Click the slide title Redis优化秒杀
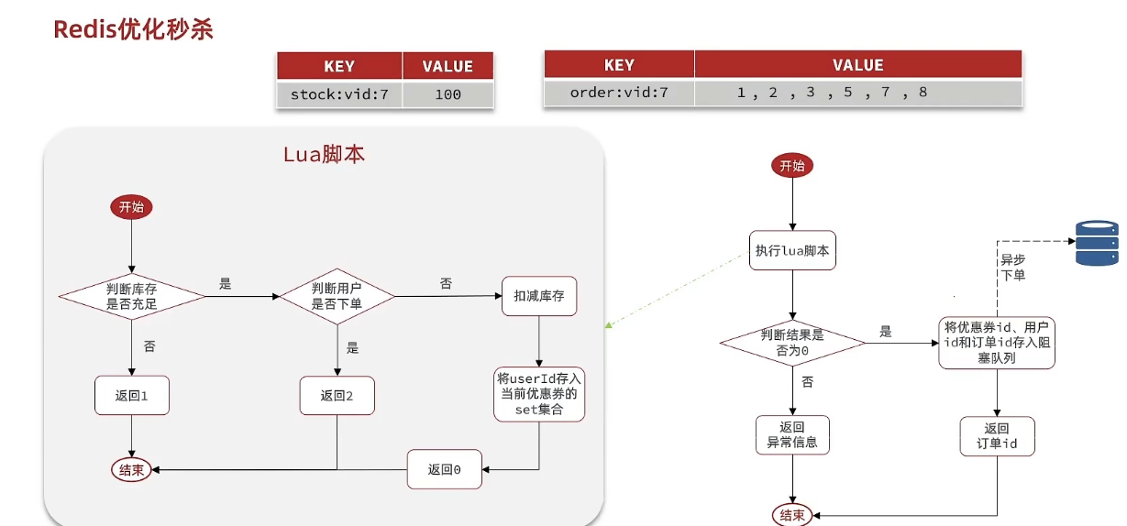[x=133, y=29]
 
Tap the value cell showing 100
[x=447, y=93]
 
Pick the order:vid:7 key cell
[x=618, y=93]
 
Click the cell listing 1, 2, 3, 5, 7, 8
[x=832, y=93]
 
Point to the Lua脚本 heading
[x=324, y=154]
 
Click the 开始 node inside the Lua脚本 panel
[x=131, y=207]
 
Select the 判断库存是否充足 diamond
[x=132, y=296]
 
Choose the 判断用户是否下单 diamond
[x=337, y=296]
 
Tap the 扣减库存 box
[x=539, y=296]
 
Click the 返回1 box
[x=132, y=396]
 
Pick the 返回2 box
[x=337, y=396]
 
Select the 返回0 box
[x=444, y=469]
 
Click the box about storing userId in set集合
[x=539, y=394]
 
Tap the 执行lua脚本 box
[x=793, y=250]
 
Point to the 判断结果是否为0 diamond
[x=792, y=343]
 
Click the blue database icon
[x=1097, y=242]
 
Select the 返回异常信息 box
[x=792, y=435]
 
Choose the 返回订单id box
[x=997, y=436]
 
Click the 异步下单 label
[x=1013, y=267]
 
